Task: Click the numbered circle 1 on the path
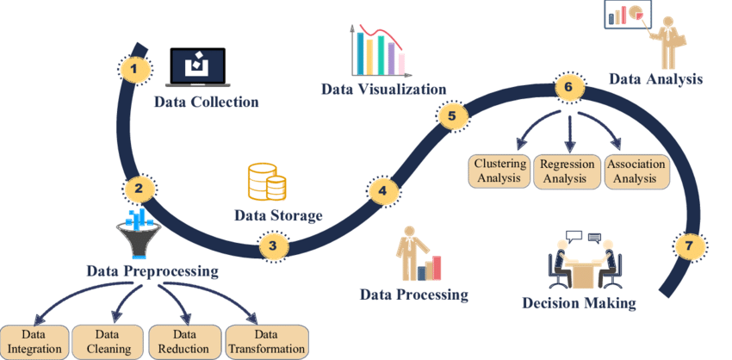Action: coord(134,70)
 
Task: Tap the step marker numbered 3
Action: coord(274,246)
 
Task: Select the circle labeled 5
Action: coord(451,116)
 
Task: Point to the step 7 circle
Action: coord(690,245)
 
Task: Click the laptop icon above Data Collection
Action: coord(198,67)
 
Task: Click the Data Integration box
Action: coord(35,342)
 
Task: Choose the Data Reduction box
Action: coord(184,342)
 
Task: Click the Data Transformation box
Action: coord(268,342)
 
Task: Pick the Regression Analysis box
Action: coord(568,171)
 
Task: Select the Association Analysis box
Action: coord(636,171)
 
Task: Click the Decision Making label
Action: coord(579,303)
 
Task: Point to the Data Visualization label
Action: coord(383,89)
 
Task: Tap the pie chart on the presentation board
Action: coord(636,13)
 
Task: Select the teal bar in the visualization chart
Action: coord(360,53)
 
